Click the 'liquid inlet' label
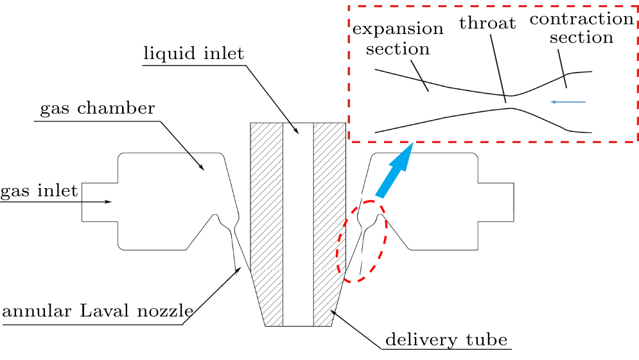(193, 53)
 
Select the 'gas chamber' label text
(98, 108)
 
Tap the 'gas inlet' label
(39, 191)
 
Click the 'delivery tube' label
(446, 339)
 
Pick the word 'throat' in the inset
(487, 24)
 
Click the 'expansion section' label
(398, 39)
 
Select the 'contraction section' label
(581, 28)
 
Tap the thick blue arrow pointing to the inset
(394, 171)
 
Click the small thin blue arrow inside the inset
(568, 102)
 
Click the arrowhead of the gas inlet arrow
(109, 202)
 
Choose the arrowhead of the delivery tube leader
(331, 311)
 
